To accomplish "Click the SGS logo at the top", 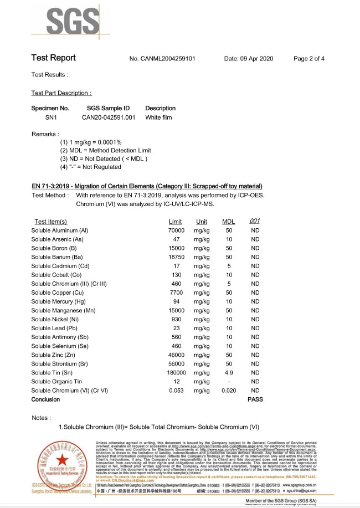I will click(x=64, y=22).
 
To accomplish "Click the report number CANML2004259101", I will click(x=162, y=59).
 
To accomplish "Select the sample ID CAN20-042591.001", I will click(x=109, y=117).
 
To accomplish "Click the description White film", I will click(x=158, y=117).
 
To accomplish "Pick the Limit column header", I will click(x=175, y=222).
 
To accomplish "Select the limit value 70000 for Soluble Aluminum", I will click(x=176, y=230).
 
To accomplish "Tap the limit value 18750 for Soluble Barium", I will click(x=176, y=257).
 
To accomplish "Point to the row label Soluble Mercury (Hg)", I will click(x=59, y=301).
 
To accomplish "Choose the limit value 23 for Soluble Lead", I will click(x=176, y=328).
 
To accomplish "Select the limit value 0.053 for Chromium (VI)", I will click(x=176, y=390).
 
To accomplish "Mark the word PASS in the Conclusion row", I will click(x=255, y=399).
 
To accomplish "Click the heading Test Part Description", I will click(x=61, y=93).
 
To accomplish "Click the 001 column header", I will click(x=255, y=221).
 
